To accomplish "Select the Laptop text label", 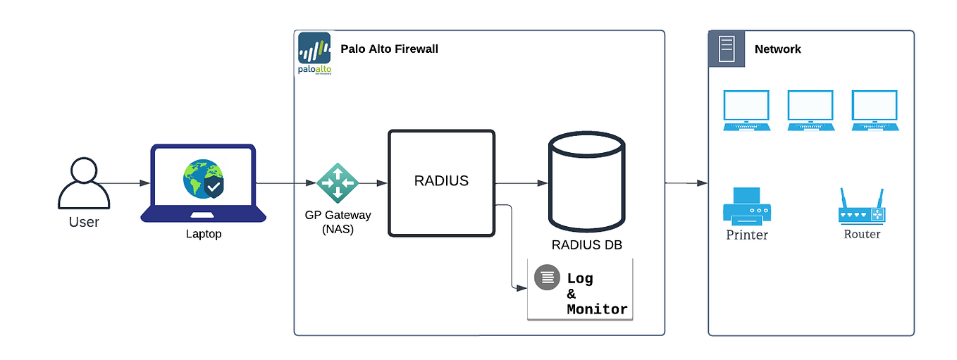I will (203, 234).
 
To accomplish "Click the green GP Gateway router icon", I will (338, 183).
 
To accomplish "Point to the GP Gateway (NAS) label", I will (338, 221).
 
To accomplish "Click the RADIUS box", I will (441, 182).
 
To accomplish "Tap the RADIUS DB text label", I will (586, 245).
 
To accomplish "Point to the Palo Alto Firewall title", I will (389, 49).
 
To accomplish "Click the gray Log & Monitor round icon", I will (547, 277).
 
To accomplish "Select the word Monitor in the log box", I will (596, 309).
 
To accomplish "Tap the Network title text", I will (777, 49).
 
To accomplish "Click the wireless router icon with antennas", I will (861, 206).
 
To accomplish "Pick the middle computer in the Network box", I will (810, 111).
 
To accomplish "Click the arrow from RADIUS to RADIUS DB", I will (521, 183).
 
